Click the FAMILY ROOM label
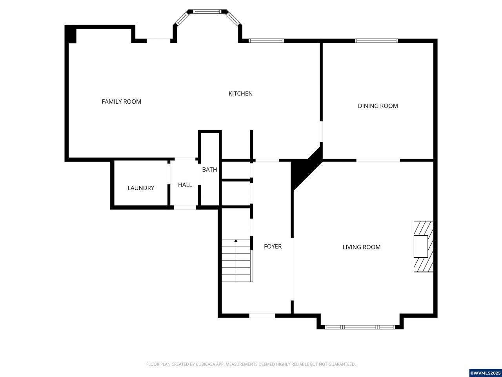click(122, 102)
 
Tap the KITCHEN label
click(240, 93)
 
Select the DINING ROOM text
click(378, 106)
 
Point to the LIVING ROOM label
click(362, 247)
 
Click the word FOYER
click(273, 247)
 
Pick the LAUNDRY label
click(141, 188)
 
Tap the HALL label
click(185, 185)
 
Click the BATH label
click(209, 170)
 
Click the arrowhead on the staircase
click(236, 241)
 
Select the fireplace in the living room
click(424, 247)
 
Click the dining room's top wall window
click(376, 41)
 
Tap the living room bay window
click(360, 327)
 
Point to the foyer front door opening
click(262, 316)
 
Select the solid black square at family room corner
click(71, 34)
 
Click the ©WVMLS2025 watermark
click(485, 373)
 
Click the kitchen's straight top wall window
click(266, 41)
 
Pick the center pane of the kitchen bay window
click(207, 11)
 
